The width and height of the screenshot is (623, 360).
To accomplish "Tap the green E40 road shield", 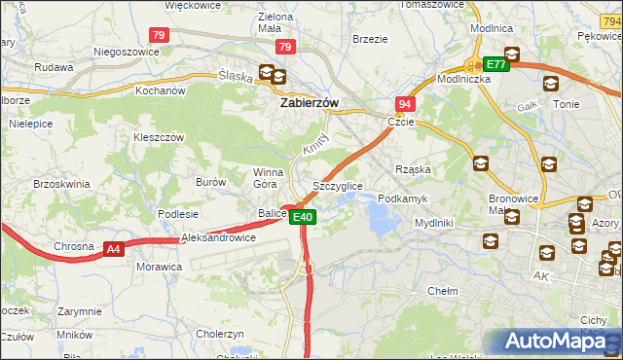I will pos(304,217).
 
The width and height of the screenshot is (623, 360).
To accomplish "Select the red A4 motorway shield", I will pos(114,249).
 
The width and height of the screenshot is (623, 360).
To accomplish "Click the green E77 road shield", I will pos(495,64).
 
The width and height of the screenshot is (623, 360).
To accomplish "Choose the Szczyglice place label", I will pos(338,185).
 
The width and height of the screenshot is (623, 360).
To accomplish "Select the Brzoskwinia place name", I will pos(60,183).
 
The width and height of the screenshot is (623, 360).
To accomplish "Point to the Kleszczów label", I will pos(159,138).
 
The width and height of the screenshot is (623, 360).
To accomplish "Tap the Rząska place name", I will pos(413,169).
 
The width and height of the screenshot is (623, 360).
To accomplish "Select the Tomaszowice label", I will pos(428,4).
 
